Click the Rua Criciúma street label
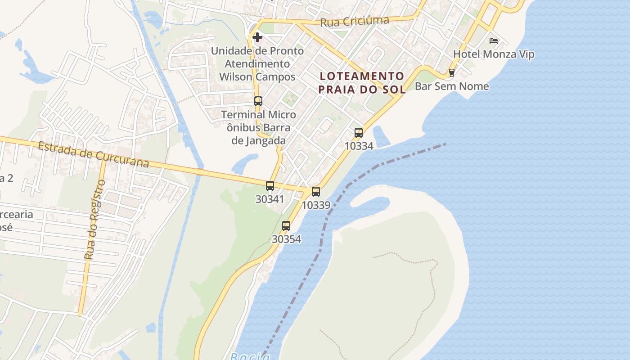[355, 21]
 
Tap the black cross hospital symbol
[257, 37]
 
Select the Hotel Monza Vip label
[494, 54]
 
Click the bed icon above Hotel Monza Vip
[494, 41]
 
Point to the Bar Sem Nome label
[451, 86]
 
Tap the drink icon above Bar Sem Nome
[452, 73]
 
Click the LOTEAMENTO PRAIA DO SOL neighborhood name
[362, 83]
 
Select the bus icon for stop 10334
[359, 133]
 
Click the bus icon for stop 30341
[270, 185]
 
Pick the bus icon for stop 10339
[316, 192]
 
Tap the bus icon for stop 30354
[286, 226]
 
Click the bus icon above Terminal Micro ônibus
[258, 101]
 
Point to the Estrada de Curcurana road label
[93, 154]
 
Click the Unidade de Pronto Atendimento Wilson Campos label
[257, 64]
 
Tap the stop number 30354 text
[286, 239]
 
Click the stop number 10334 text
[359, 146]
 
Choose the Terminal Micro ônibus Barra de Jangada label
[258, 127]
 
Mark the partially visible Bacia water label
[250, 357]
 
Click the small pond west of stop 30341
[245, 163]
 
